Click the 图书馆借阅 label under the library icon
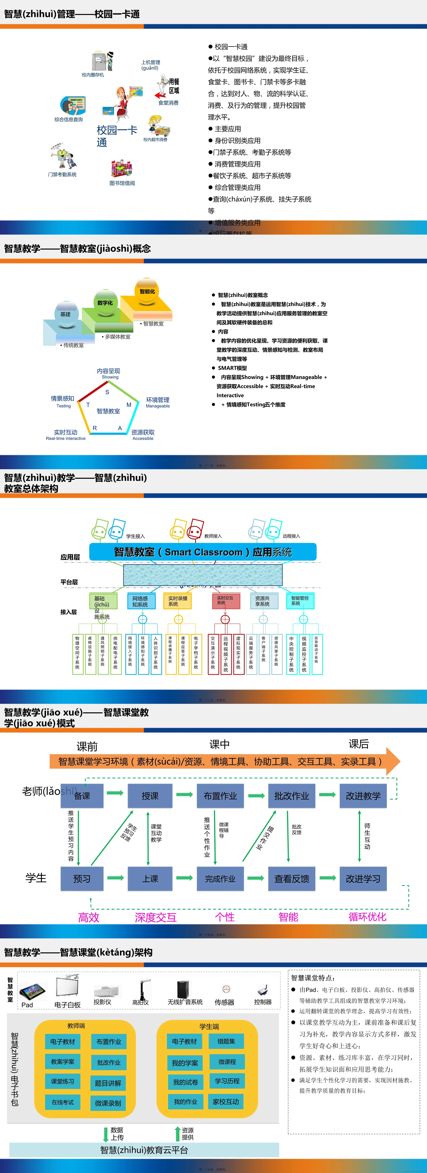[122, 183]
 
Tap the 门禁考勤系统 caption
[62, 174]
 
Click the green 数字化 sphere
[105, 303]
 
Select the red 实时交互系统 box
[226, 601]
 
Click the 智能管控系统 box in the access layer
[300, 601]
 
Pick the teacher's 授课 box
[150, 795]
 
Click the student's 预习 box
[82, 878]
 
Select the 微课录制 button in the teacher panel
[108, 1103]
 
